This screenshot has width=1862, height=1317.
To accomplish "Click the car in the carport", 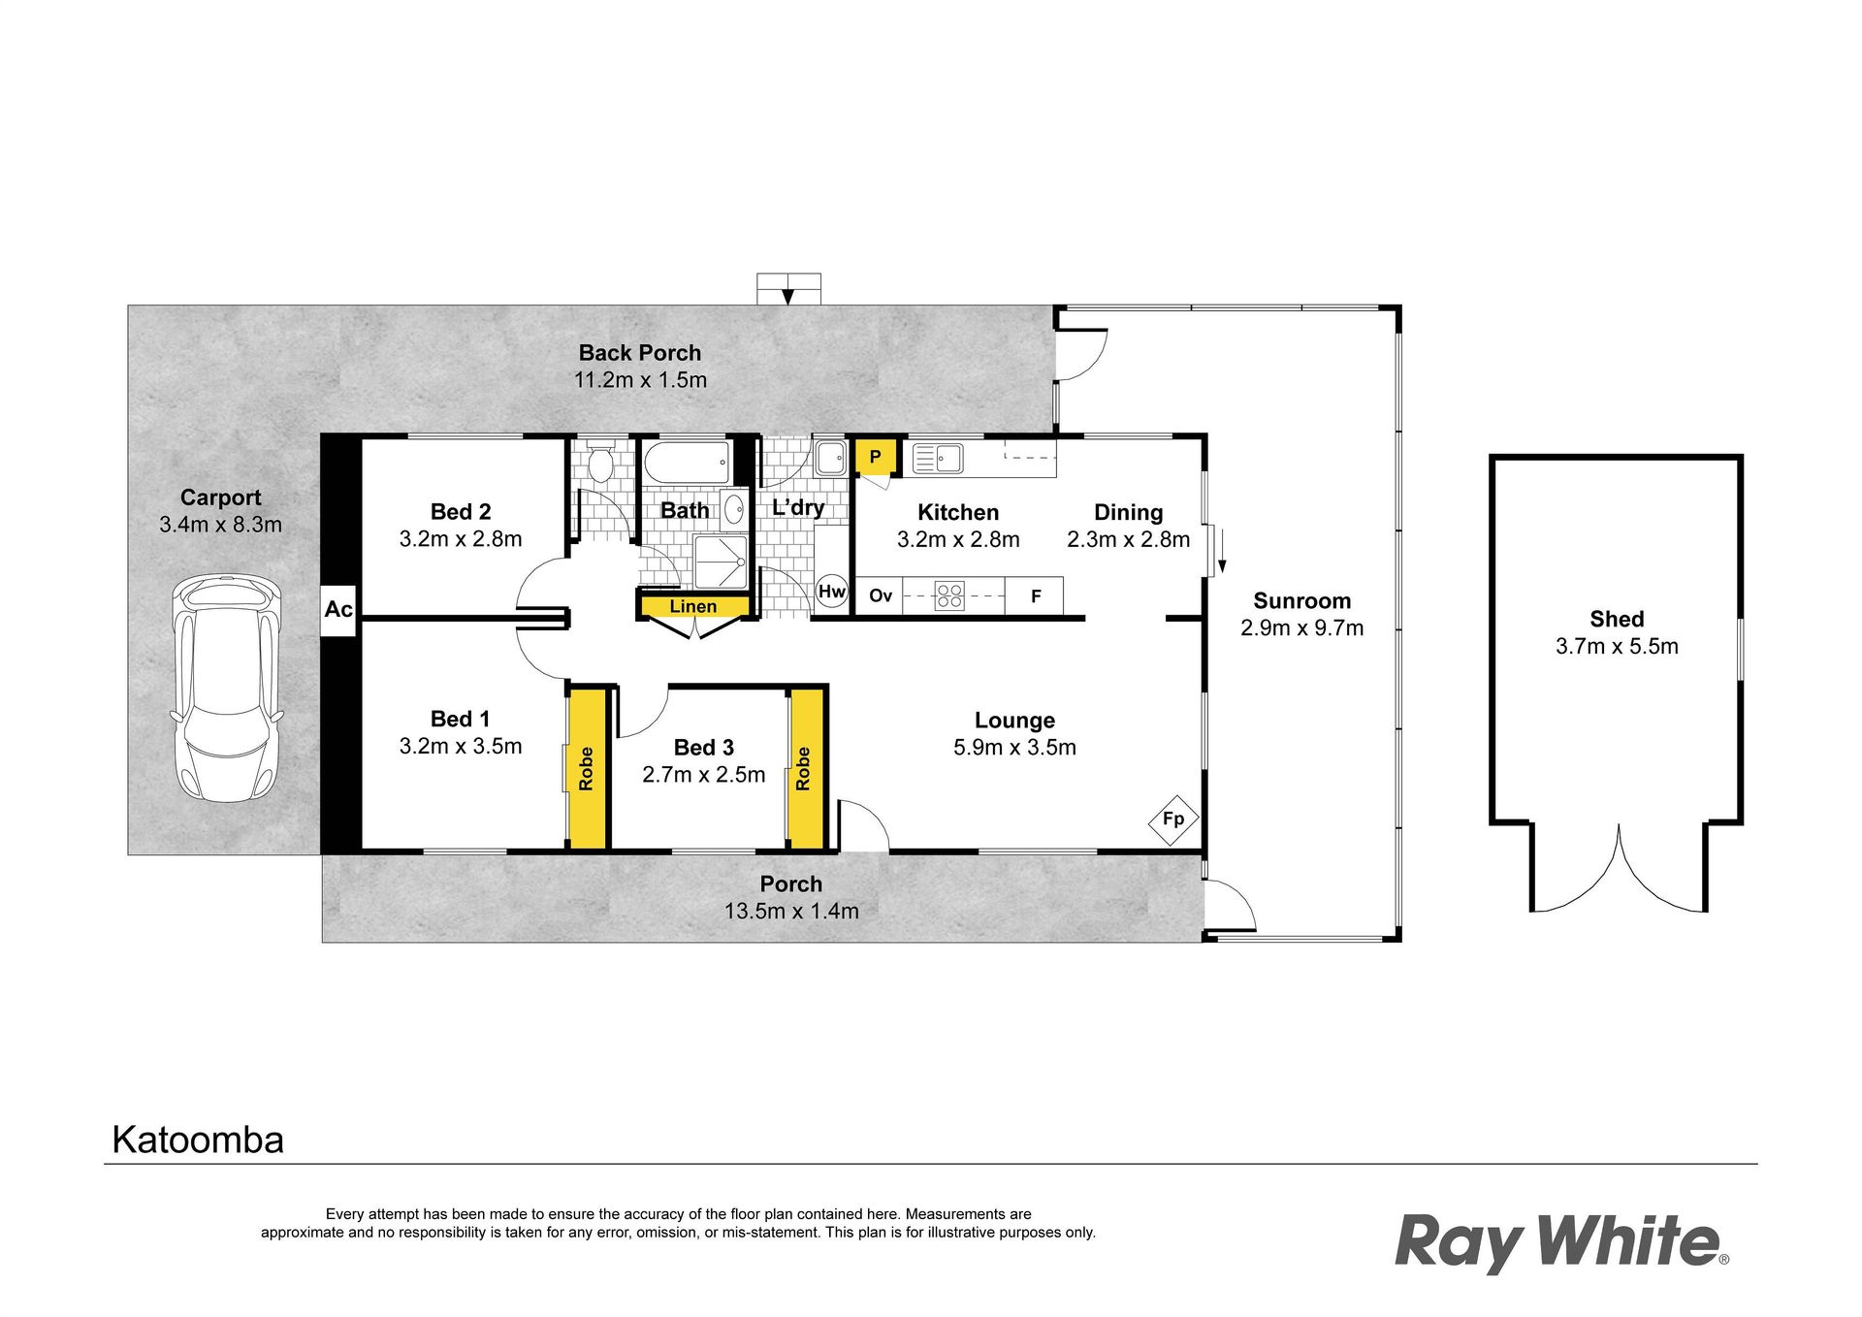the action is [x=227, y=689].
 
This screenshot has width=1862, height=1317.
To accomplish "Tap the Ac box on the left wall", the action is [x=338, y=610].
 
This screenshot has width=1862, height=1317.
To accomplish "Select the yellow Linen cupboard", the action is [x=693, y=607].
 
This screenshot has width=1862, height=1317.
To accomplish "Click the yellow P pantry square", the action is [x=876, y=457].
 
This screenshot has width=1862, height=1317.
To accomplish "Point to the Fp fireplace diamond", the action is [x=1173, y=819].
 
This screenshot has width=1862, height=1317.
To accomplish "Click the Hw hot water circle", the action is [x=832, y=592].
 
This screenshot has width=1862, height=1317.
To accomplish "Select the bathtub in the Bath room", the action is [x=687, y=464].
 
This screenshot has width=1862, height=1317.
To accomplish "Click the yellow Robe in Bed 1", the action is [x=587, y=768].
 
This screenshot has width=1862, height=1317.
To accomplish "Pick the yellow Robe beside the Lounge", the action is [x=805, y=768].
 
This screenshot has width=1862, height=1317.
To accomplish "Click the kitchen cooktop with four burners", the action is [x=949, y=595].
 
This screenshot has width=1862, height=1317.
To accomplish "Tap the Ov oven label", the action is [x=881, y=595].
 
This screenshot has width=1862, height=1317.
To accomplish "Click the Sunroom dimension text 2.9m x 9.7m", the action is [x=1301, y=628].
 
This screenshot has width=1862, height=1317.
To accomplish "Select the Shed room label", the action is [x=1617, y=619].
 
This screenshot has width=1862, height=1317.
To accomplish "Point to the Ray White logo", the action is [x=1561, y=1243].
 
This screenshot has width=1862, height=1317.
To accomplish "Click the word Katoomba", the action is [x=198, y=1140].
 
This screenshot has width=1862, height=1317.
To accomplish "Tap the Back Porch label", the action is [x=640, y=353].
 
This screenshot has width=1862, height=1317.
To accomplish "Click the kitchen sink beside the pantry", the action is [x=937, y=458].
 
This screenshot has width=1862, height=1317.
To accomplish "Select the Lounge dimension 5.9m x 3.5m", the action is [x=1014, y=748].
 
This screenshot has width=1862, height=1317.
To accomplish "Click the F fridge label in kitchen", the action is [x=1036, y=596].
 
